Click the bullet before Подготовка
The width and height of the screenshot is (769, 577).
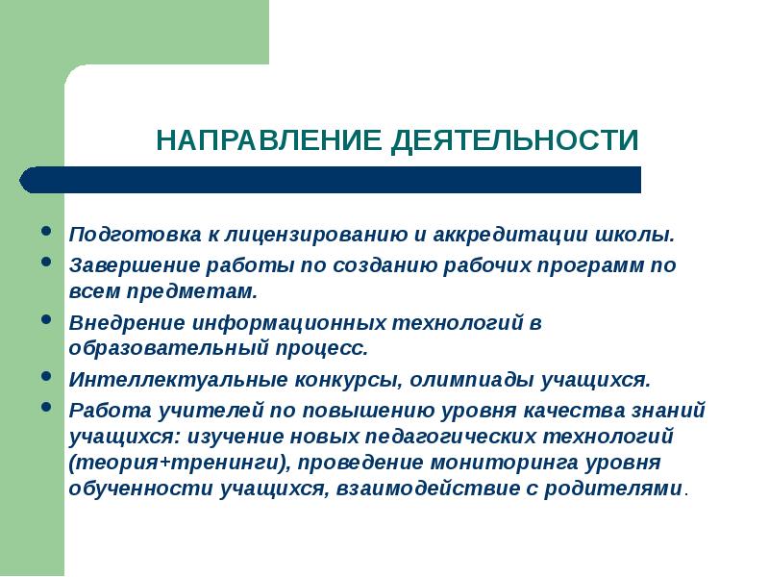pos(47,232)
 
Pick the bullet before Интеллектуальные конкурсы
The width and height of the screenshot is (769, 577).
pos(47,377)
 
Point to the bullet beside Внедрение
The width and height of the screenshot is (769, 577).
pos(47,319)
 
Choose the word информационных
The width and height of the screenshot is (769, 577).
pos(280,323)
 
